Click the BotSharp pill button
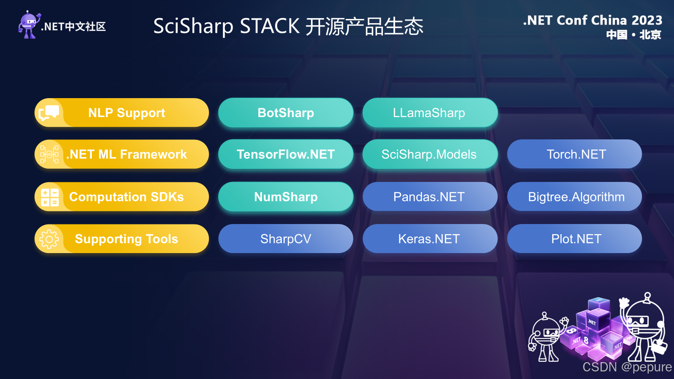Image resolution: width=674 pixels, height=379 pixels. click(286, 113)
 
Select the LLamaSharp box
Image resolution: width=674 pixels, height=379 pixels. click(430, 113)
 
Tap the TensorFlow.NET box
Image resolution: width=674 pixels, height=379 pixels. click(286, 155)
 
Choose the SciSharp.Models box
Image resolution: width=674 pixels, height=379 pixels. click(430, 155)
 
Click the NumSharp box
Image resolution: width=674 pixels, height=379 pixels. click(286, 197)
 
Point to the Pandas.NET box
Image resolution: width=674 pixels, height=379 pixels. click(430, 197)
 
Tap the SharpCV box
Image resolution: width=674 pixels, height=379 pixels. click(286, 239)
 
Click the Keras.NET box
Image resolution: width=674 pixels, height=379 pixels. click(430, 239)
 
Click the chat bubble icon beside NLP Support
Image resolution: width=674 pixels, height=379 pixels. click(49, 113)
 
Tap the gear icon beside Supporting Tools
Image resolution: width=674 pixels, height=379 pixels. click(49, 239)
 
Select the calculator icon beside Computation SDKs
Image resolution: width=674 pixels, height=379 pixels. click(49, 197)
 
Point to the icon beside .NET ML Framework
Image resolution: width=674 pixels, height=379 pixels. click(49, 155)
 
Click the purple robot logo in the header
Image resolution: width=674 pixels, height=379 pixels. click(29, 25)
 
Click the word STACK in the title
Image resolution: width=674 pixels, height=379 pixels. click(270, 26)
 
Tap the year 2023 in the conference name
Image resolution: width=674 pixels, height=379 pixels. click(647, 20)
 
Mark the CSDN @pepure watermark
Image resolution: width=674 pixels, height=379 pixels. click(627, 367)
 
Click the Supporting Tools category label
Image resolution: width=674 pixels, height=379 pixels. click(126, 239)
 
